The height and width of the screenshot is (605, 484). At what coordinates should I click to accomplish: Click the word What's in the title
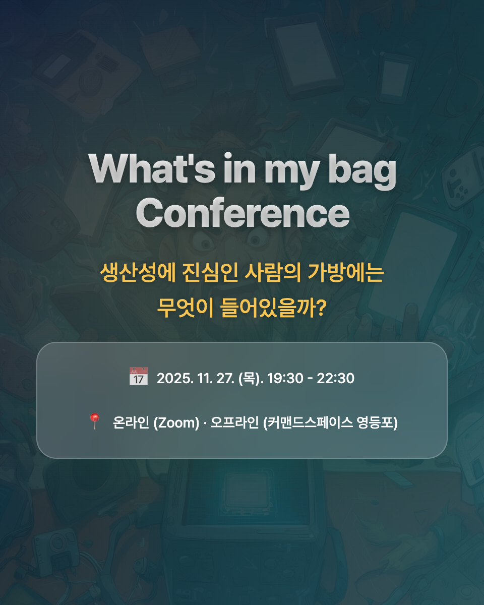[x=152, y=169]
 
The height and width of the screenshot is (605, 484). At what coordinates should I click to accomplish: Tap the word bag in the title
[x=362, y=172]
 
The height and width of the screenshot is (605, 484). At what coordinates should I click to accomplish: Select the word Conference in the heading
[x=243, y=213]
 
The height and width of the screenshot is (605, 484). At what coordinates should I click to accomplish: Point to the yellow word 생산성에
[x=138, y=272]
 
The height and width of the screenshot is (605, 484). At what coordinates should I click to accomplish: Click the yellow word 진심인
[x=210, y=272]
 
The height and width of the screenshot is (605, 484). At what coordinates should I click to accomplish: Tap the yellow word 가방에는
[x=346, y=272]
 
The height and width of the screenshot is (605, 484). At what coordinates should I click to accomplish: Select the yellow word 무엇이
[x=185, y=308]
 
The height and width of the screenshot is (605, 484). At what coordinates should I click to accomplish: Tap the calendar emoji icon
[x=138, y=376]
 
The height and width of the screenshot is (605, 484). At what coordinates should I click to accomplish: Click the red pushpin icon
[x=94, y=421]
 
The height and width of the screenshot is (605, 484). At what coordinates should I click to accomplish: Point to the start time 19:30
[x=285, y=378]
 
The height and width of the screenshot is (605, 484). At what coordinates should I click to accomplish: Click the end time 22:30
[x=335, y=378]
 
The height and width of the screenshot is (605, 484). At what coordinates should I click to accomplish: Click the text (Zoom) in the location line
[x=176, y=422]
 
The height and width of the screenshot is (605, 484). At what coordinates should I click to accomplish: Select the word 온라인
[x=131, y=422]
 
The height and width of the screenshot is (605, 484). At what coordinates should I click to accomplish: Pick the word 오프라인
[x=234, y=422]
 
